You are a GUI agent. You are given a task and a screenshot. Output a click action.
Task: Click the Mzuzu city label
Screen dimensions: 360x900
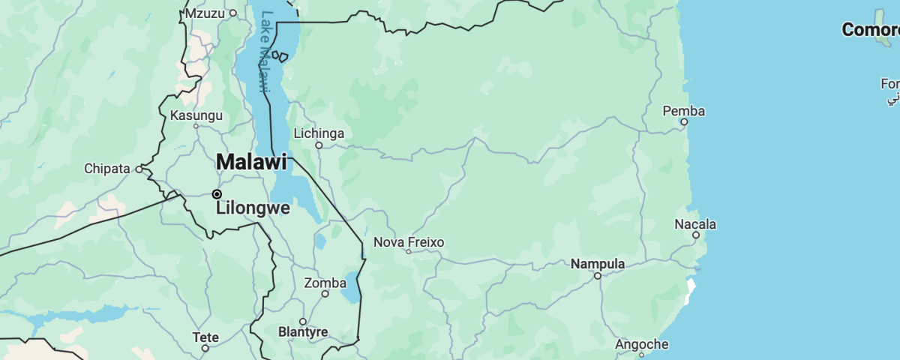[205, 13]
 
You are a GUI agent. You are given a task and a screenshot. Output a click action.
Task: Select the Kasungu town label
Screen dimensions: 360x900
[196, 115]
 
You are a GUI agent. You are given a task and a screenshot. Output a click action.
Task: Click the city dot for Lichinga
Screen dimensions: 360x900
[319, 145]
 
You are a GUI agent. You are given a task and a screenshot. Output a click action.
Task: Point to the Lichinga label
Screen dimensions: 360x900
[319, 133]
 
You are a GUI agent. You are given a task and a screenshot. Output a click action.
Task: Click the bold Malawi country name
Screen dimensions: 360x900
[251, 161]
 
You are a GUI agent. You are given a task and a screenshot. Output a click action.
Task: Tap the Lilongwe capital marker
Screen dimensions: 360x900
[217, 194]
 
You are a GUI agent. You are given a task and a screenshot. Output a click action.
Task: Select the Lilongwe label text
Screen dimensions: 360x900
[253, 208]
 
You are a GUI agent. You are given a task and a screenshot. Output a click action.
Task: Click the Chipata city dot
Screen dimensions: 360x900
[139, 169]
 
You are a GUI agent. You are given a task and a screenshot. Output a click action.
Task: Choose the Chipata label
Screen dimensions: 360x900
[107, 169]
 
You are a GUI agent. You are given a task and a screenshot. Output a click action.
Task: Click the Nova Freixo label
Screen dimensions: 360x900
[409, 242]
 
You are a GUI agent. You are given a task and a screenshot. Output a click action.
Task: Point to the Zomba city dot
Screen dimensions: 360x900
[325, 294]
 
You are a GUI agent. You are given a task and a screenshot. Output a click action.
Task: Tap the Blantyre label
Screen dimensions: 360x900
[303, 331]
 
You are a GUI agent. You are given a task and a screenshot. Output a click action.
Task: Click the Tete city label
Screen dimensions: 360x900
[205, 337]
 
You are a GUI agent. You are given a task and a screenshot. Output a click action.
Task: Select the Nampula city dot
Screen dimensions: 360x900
[598, 276]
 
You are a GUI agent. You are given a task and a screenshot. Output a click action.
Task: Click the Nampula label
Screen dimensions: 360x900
[598, 264]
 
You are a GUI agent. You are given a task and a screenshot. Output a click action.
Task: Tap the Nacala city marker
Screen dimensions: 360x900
[696, 235]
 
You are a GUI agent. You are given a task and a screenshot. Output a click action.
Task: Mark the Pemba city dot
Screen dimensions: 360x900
[684, 121]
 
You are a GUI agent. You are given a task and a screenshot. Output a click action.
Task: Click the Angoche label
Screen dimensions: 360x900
[641, 344]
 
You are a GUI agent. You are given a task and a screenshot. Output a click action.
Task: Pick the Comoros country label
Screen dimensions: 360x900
[870, 30]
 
